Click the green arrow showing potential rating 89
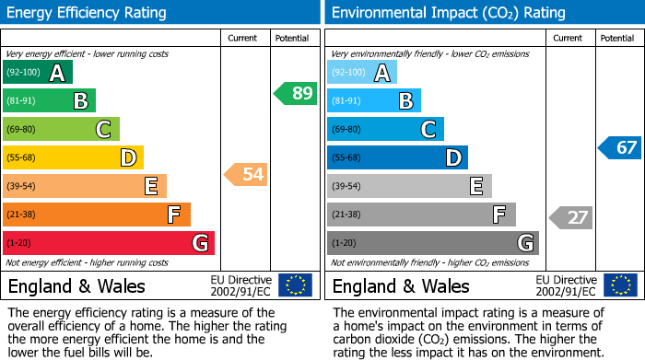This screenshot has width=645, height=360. pos(296,93)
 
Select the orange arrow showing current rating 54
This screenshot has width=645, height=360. pos(246,174)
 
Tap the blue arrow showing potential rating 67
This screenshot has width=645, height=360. pos(620,147)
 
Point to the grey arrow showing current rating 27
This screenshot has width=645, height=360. pos(570,217)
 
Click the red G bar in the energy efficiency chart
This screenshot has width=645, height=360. pos(109,243)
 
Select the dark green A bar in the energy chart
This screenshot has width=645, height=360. pos(38,73)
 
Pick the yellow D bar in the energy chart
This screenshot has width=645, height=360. pos(73,157)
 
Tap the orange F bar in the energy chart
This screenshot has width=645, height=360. pos(97,215)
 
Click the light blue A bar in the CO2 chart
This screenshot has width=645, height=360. pos(362,73)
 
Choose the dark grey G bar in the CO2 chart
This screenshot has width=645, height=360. pos(432,243)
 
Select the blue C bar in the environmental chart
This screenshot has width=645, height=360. pos(385,130)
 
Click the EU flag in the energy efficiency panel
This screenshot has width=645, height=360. pos(295,285)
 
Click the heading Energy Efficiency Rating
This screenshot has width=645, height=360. pos(88,13)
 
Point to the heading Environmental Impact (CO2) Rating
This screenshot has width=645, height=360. pos(448,13)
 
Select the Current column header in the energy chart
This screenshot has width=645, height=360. pos(243,38)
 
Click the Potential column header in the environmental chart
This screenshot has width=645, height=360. pos(617,38)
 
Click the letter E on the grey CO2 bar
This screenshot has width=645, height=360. pos(475,187)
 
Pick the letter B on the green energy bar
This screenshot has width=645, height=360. pos(80,101)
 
